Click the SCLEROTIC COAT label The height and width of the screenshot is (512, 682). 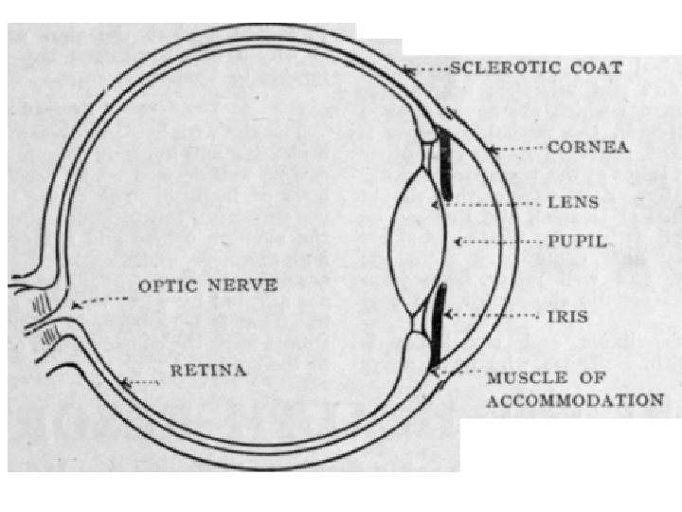(535, 68)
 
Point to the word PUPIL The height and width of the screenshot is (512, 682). (578, 242)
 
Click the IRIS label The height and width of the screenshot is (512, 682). (567, 316)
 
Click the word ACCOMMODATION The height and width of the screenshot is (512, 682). (574, 400)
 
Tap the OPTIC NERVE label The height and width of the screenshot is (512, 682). (207, 284)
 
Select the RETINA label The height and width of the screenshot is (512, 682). (207, 370)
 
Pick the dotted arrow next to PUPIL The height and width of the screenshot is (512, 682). (497, 242)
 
